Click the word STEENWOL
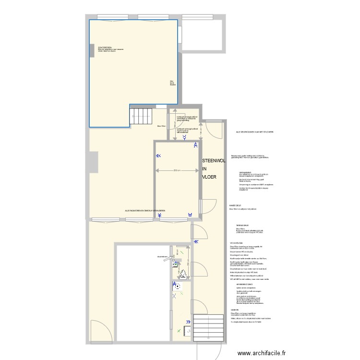coord(214,161)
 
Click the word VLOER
coord(209,177)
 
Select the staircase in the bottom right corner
coord(209,328)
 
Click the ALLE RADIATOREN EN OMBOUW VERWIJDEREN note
coord(145,211)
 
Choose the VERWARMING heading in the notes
coord(245,172)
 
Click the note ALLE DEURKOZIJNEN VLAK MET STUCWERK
coord(254,132)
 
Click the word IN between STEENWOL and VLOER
coord(204,169)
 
